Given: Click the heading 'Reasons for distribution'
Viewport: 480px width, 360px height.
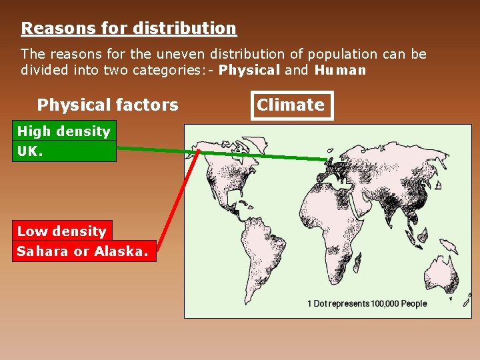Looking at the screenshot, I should point(129,29).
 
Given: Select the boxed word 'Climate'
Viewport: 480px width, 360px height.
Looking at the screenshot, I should point(291,105).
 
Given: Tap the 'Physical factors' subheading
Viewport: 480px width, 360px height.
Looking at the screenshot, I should point(107,105).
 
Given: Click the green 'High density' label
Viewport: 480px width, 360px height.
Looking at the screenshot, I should point(63,131).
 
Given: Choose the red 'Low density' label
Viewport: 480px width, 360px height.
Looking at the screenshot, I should point(62,231).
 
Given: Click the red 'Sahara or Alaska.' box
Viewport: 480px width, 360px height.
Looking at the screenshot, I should point(83,251).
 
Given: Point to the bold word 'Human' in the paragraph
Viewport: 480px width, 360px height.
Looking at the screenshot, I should point(340,70).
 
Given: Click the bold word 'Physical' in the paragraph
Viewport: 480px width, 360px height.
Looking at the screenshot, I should point(249,70).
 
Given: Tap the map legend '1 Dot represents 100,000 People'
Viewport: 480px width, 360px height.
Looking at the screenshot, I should point(367,303).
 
